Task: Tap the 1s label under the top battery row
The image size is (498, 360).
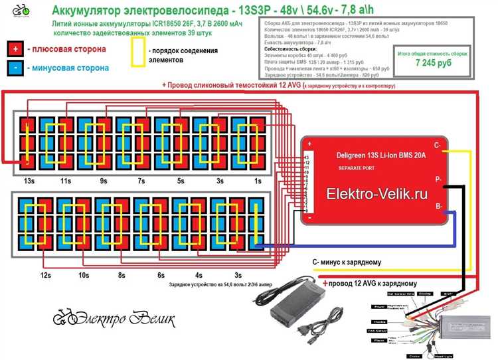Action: [258, 181]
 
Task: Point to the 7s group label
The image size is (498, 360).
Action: [141, 181]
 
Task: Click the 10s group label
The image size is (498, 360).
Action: [84, 274]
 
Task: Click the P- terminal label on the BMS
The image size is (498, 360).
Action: [438, 179]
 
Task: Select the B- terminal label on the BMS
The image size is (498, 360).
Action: [438, 207]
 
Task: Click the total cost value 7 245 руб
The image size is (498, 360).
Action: [432, 62]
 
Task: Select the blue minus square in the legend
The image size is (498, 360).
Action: [15, 67]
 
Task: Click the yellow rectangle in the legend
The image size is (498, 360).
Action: [139, 52]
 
